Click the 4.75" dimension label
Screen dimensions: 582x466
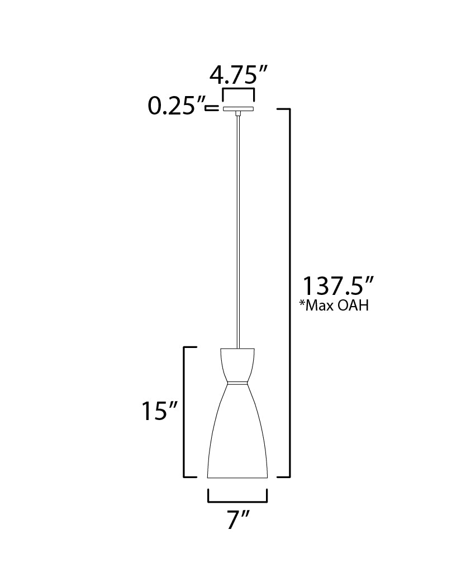pyautogui.click(x=239, y=74)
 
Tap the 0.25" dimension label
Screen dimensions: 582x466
pyautogui.click(x=175, y=106)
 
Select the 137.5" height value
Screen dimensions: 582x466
pyautogui.click(x=337, y=286)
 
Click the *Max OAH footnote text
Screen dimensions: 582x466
pyautogui.click(x=335, y=306)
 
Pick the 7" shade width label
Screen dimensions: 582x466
pyautogui.click(x=237, y=521)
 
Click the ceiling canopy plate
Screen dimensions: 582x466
pyautogui.click(x=239, y=108)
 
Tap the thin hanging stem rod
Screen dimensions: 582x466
pyautogui.click(x=239, y=223)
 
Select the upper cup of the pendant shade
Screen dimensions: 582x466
pyautogui.click(x=238, y=364)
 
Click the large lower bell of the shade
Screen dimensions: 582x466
pyautogui.click(x=238, y=436)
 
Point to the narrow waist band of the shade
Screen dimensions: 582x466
pyautogui.click(x=238, y=384)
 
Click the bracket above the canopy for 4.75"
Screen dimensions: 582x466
pyautogui.click(x=239, y=90)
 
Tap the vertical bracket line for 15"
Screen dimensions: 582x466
pyautogui.click(x=186, y=412)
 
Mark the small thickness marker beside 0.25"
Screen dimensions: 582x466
pyautogui.click(x=211, y=108)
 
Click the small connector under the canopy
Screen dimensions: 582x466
pyautogui.click(x=239, y=114)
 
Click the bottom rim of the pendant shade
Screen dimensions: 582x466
pyautogui.click(x=238, y=478)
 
